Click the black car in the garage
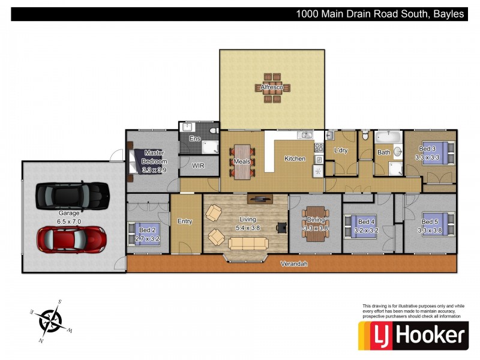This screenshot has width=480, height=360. (71, 195)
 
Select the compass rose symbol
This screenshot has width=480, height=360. (50, 320)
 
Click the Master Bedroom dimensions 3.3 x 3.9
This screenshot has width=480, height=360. (154, 170)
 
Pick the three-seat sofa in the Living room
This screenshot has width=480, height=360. (247, 242)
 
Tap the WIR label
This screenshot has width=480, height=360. (199, 166)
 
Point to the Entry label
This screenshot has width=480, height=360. (185, 221)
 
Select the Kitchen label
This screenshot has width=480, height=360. (295, 159)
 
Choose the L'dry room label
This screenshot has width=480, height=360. (340, 151)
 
